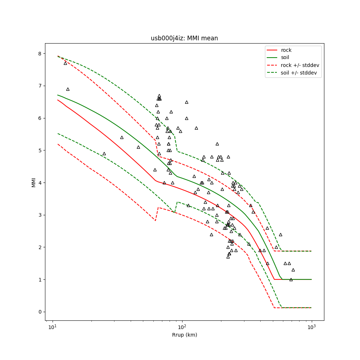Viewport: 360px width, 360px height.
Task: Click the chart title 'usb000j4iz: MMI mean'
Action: (184, 38)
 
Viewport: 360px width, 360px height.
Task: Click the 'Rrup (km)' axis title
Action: (184, 335)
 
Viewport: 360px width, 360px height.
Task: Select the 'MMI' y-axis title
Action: (34, 182)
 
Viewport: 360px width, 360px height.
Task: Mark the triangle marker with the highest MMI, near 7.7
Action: (65, 63)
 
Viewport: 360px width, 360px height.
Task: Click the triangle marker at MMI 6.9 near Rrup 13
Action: (68, 89)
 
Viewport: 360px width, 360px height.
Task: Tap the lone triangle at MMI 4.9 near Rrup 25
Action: (104, 153)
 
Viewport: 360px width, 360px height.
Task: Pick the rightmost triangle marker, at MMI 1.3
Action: (293, 270)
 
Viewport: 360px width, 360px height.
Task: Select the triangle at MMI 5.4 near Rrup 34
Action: (122, 137)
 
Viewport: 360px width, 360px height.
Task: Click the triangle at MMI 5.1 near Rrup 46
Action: (138, 147)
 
